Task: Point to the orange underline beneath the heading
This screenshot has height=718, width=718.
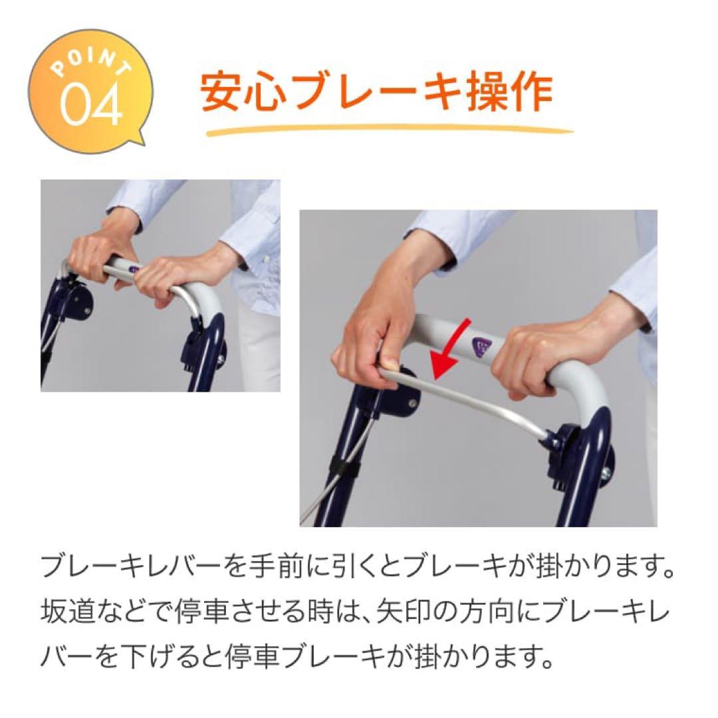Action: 389,130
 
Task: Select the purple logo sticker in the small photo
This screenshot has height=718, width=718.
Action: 132,269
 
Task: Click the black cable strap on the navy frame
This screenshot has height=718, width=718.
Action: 340,468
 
